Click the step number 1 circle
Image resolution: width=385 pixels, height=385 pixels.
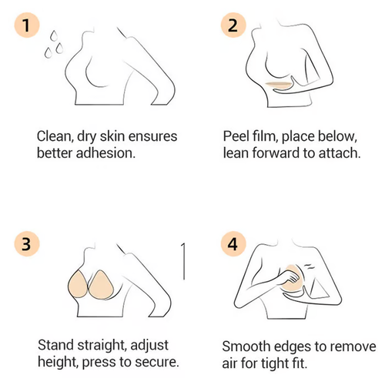pyautogui.click(x=27, y=27)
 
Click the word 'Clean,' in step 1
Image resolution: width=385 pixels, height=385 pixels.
pyautogui.click(x=55, y=136)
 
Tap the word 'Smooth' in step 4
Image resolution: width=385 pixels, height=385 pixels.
pyautogui.click(x=246, y=346)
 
